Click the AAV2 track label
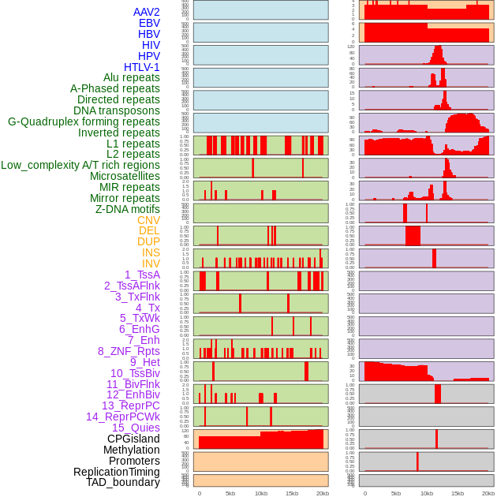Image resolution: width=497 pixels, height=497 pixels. pyautogui.click(x=146, y=12)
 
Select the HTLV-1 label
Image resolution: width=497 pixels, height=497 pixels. pyautogui.click(x=141, y=67)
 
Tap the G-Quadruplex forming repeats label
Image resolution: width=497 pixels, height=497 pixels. pyautogui.click(x=84, y=121)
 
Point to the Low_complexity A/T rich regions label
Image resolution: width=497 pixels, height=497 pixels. pyautogui.click(x=80, y=165)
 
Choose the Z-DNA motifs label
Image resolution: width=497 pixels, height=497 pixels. pyautogui.click(x=127, y=209)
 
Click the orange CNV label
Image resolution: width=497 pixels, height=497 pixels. pyautogui.click(x=148, y=220)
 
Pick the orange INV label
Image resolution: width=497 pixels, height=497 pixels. pyautogui.click(x=151, y=263)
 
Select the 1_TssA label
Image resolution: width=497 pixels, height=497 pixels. pyautogui.click(x=142, y=275)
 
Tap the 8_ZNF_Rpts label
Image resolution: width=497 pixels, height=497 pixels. pyautogui.click(x=129, y=351)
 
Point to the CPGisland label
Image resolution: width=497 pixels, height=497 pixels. pyautogui.click(x=133, y=439)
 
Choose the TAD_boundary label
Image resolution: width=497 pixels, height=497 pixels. pyautogui.click(x=123, y=482)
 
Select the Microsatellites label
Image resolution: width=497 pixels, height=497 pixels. pyautogui.click(x=125, y=176)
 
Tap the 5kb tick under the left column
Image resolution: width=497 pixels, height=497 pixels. pyautogui.click(x=230, y=493)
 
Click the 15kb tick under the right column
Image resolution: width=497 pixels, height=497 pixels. pyautogui.click(x=458, y=493)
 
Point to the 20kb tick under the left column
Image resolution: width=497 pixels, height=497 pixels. pyautogui.click(x=323, y=493)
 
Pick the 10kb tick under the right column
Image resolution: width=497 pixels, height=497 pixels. pyautogui.click(x=427, y=493)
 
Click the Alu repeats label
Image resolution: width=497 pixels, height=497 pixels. pyautogui.click(x=132, y=77)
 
